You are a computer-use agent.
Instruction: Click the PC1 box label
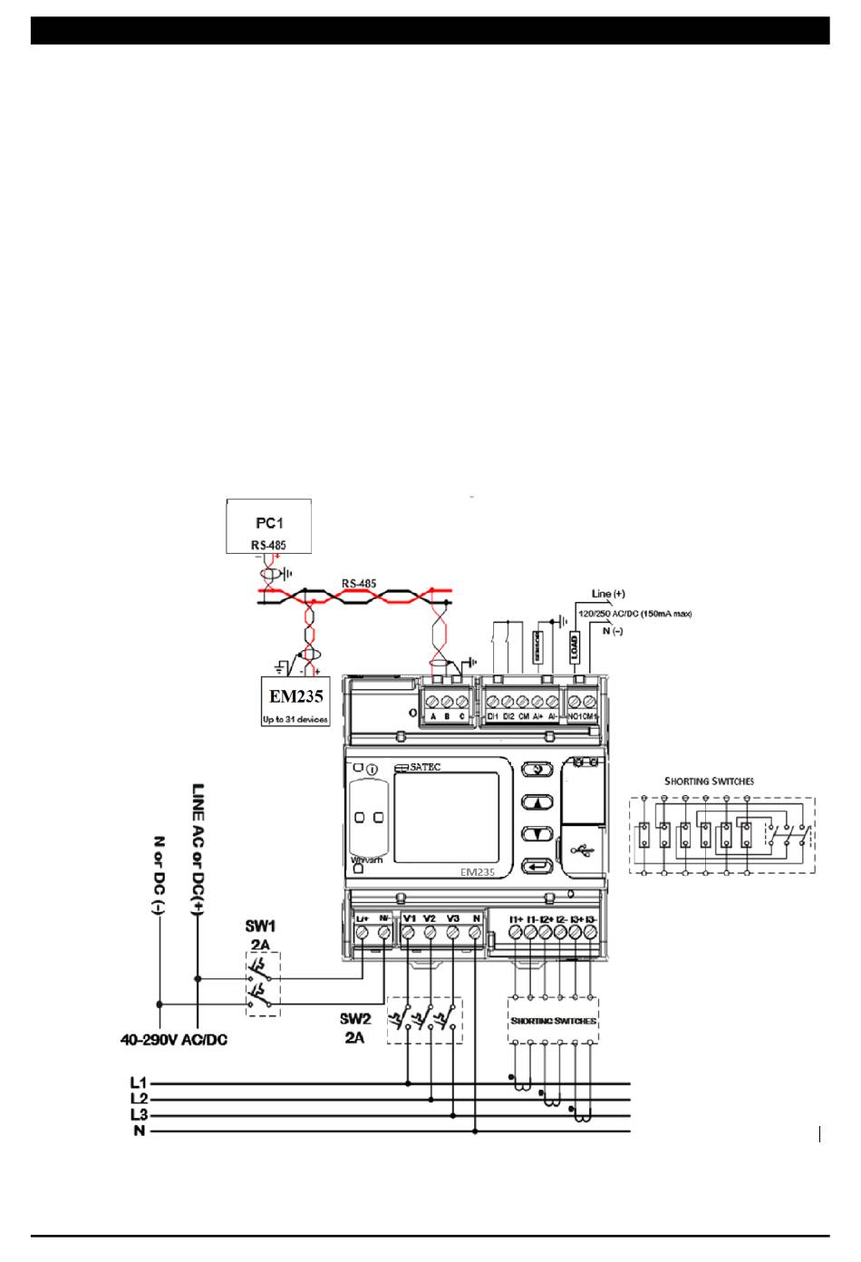(x=268, y=523)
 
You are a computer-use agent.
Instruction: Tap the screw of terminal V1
(x=409, y=933)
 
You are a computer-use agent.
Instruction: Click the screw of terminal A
(x=433, y=702)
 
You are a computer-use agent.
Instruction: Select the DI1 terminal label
(x=493, y=717)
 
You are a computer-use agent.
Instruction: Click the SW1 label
(x=260, y=927)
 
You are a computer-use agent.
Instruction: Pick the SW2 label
(x=355, y=1019)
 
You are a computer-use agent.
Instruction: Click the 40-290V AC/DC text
(x=174, y=1040)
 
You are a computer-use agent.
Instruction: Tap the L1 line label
(x=139, y=1082)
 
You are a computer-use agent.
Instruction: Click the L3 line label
(x=139, y=1115)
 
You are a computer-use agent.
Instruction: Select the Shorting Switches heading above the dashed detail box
(x=709, y=781)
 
